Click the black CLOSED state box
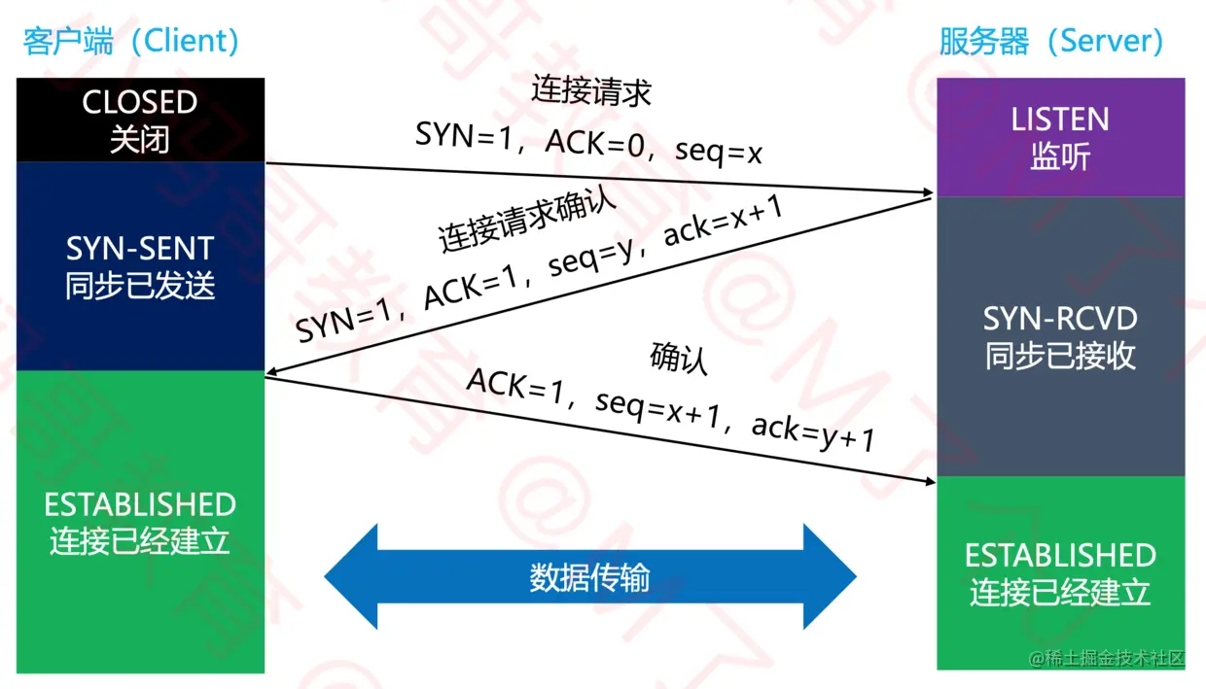click(140, 120)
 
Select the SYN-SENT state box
click(140, 265)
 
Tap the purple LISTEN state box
click(1060, 137)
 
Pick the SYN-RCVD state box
click(1060, 336)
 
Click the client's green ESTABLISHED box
click(140, 522)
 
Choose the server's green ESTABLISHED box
click(1060, 572)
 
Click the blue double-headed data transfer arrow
click(589, 577)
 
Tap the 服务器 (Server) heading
click(1051, 41)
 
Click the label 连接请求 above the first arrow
click(590, 90)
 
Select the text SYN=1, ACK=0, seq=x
click(588, 142)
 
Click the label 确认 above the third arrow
click(678, 358)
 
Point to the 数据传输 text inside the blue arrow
click(589, 578)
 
